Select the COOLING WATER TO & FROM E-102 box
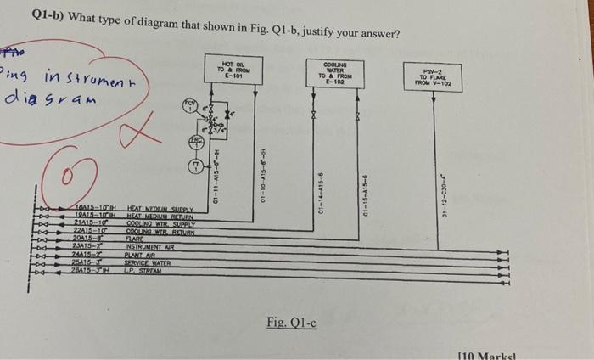(334, 73)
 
